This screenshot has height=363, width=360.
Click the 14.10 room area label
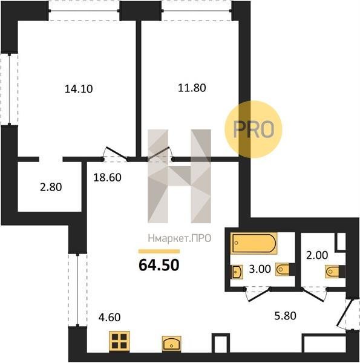coord(79,89)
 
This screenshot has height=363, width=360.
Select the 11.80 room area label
coord(192,88)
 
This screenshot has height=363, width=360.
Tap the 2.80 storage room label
coord(51,187)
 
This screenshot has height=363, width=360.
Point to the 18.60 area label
coord(108,177)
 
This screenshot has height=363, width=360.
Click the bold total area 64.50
coord(159,265)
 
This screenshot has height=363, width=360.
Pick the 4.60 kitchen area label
coord(110,318)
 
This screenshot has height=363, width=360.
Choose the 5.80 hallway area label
coord(286,316)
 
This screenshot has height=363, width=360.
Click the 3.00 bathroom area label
coord(260,269)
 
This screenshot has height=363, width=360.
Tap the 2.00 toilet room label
coord(317,255)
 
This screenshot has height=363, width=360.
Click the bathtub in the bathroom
coord(254,243)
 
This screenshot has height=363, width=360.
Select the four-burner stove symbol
coord(119,341)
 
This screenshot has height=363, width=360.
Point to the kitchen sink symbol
coord(172,344)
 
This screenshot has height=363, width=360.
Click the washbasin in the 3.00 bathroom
coord(237,272)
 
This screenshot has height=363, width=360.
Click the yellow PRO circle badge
coord(254,129)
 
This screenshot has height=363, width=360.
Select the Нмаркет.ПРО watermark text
coord(180,238)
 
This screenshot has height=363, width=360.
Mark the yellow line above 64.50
coord(159,252)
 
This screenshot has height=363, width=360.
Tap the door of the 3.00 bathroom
coord(258,295)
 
